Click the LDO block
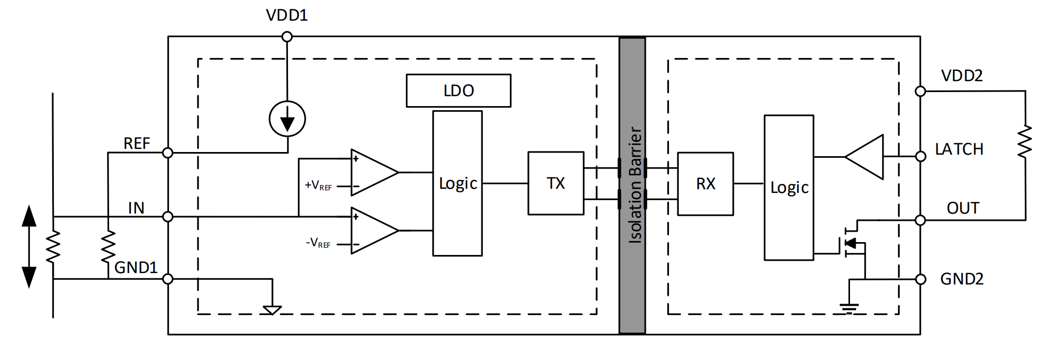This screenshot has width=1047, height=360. coord(459,91)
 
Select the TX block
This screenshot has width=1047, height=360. coord(556,183)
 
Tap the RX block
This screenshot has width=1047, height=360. coord(705,184)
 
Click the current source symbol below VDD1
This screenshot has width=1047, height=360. coord(287,119)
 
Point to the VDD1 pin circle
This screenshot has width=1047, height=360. coord(287,37)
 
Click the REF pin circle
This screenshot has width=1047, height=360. coord(168,153)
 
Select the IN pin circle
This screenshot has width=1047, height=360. coord(168,217)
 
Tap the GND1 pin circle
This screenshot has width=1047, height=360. coord(168,279)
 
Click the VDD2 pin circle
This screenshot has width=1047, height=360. coord(920,91)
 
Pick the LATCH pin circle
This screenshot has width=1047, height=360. coord(920,156)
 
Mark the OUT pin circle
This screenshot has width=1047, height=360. coord(920,220)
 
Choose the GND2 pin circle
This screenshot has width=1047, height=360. coord(920,279)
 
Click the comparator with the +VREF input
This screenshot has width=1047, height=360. coord(373,172)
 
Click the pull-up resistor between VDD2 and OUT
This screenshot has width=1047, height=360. coord(1025,141)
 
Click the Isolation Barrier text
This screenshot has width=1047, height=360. coord(635,185)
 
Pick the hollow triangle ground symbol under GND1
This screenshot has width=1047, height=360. coord(272,310)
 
